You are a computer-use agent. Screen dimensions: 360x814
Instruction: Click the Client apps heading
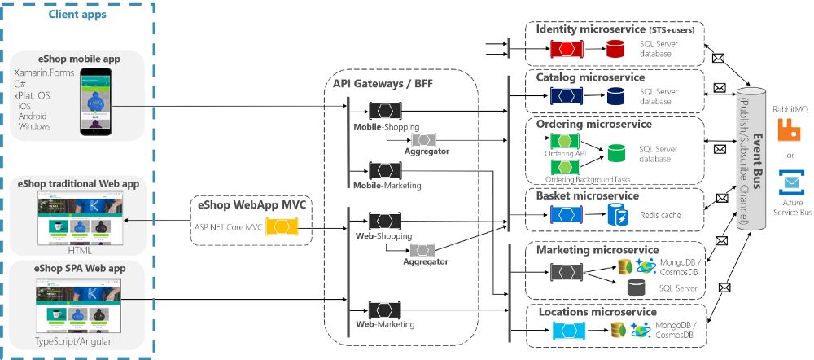[x=77, y=15]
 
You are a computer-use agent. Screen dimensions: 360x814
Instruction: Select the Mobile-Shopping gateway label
[x=386, y=127]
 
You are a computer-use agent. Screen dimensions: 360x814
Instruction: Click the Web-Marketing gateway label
[x=385, y=324]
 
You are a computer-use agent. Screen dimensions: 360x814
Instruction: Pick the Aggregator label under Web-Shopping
[x=425, y=261]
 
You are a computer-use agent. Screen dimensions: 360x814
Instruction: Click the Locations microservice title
[x=596, y=312]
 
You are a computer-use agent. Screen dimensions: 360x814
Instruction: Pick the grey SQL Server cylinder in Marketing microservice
[x=637, y=288]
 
